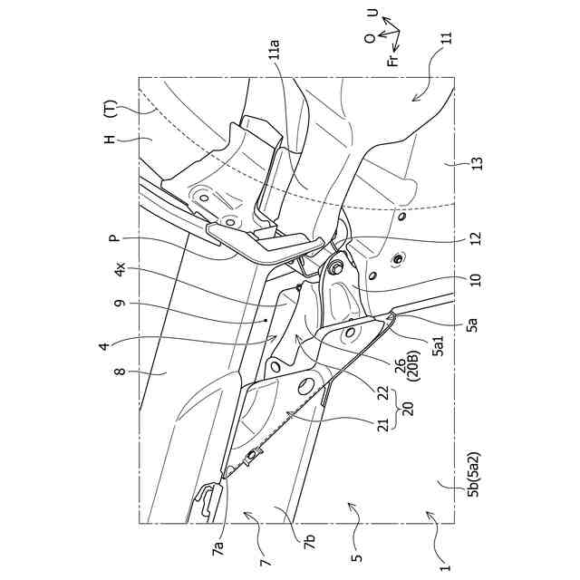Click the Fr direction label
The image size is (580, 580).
click(x=391, y=60)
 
